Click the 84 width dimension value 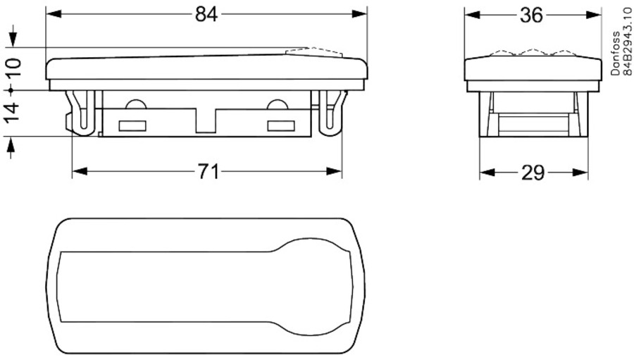tap(206, 14)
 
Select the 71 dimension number tap(208, 172)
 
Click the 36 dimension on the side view tap(533, 15)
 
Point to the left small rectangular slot tap(132, 126)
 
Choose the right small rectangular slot tap(280, 126)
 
